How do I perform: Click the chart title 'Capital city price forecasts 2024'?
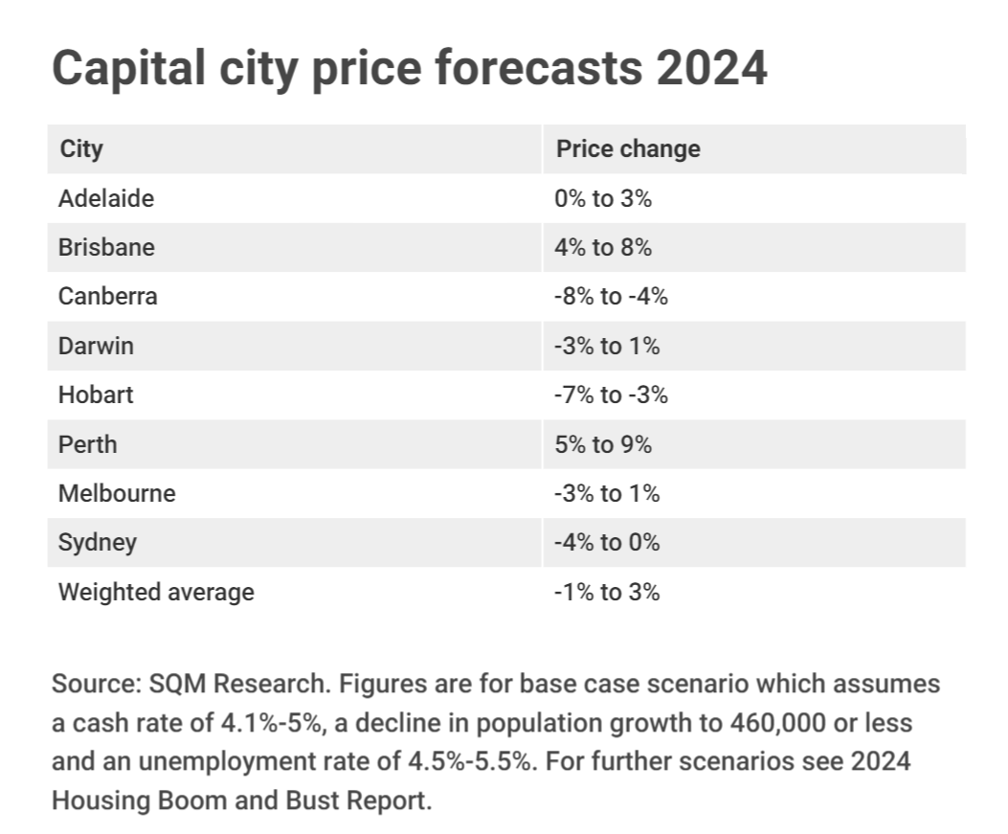point(409,68)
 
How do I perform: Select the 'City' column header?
point(81,149)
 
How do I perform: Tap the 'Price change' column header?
point(628,149)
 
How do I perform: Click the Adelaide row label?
point(105,198)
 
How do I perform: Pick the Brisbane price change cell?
point(603,247)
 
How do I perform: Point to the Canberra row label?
point(107,296)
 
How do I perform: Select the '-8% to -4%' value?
point(611,296)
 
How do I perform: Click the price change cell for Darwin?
point(607,346)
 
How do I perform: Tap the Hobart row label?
point(96,394)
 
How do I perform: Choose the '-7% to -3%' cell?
point(611,394)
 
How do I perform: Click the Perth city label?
point(87,444)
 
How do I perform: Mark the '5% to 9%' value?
point(603,444)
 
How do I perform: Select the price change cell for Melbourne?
point(607,493)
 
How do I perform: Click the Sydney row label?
point(97,543)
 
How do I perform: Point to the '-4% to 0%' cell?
point(607,543)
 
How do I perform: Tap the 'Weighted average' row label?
point(156,592)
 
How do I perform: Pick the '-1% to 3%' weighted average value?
point(607,592)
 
